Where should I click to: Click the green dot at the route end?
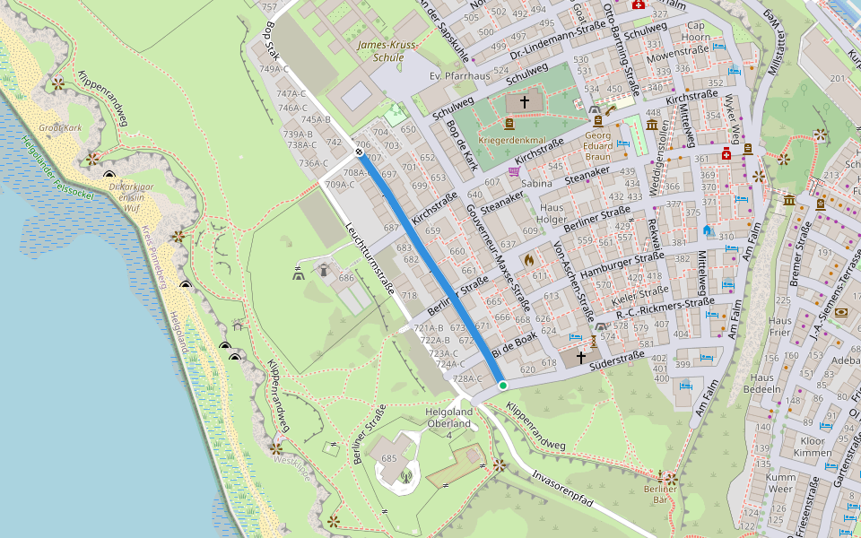pyautogui.click(x=503, y=386)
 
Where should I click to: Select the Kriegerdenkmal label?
pyautogui.click(x=513, y=141)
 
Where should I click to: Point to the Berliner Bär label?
pyautogui.click(x=666, y=494)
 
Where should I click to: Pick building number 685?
pyautogui.click(x=388, y=458)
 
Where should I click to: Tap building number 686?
pyautogui.click(x=346, y=278)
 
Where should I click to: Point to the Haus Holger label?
pyautogui.click(x=552, y=214)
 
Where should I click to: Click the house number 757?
pyautogui.click(x=268, y=7)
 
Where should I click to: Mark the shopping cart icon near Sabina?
pyautogui.click(x=514, y=170)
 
